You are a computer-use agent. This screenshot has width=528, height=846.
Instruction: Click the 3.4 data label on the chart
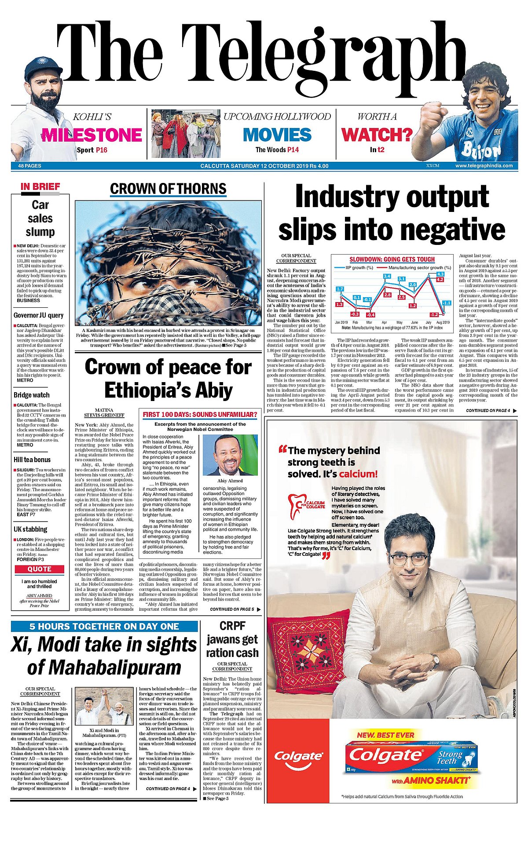(x=387, y=276)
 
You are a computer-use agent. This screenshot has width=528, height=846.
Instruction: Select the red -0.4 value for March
(x=370, y=315)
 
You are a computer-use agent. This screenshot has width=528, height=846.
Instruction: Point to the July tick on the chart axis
(x=428, y=322)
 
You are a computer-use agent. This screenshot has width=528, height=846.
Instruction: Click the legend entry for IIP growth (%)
(x=359, y=267)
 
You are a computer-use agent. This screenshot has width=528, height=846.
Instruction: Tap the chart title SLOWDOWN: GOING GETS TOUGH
(x=392, y=259)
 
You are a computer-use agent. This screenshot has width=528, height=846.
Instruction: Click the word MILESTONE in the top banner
(x=92, y=135)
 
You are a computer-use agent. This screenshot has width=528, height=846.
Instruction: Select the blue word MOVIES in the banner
(x=277, y=135)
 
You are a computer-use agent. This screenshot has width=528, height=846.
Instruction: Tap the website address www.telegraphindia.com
(x=484, y=166)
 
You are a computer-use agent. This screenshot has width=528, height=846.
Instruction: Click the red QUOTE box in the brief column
(x=40, y=569)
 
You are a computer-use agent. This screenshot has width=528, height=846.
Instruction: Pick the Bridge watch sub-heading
(x=32, y=395)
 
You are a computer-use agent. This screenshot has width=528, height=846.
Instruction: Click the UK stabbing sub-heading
(x=30, y=529)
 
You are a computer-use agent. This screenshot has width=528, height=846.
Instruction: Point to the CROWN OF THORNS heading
(x=168, y=189)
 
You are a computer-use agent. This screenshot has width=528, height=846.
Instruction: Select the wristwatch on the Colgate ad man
(x=435, y=659)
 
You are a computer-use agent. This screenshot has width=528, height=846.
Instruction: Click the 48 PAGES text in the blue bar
(x=29, y=166)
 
